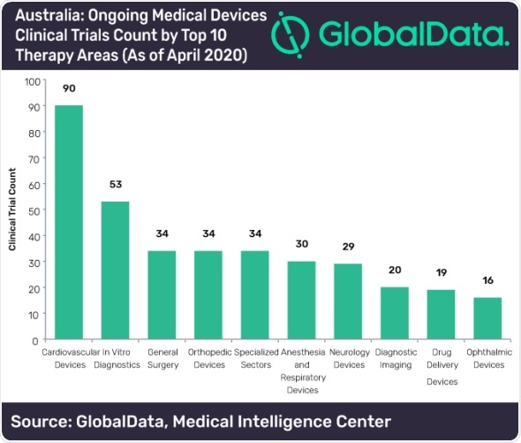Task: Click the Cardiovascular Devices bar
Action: [69, 223]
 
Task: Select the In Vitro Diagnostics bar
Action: [115, 271]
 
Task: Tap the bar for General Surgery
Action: [162, 295]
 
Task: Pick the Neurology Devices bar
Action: [348, 302]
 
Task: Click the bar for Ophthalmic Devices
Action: [488, 318]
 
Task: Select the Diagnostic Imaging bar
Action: [395, 313]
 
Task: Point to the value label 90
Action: [69, 89]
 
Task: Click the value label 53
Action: [115, 186]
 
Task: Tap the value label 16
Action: [488, 281]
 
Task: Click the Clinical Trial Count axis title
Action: [13, 210]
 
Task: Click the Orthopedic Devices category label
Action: [208, 358]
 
